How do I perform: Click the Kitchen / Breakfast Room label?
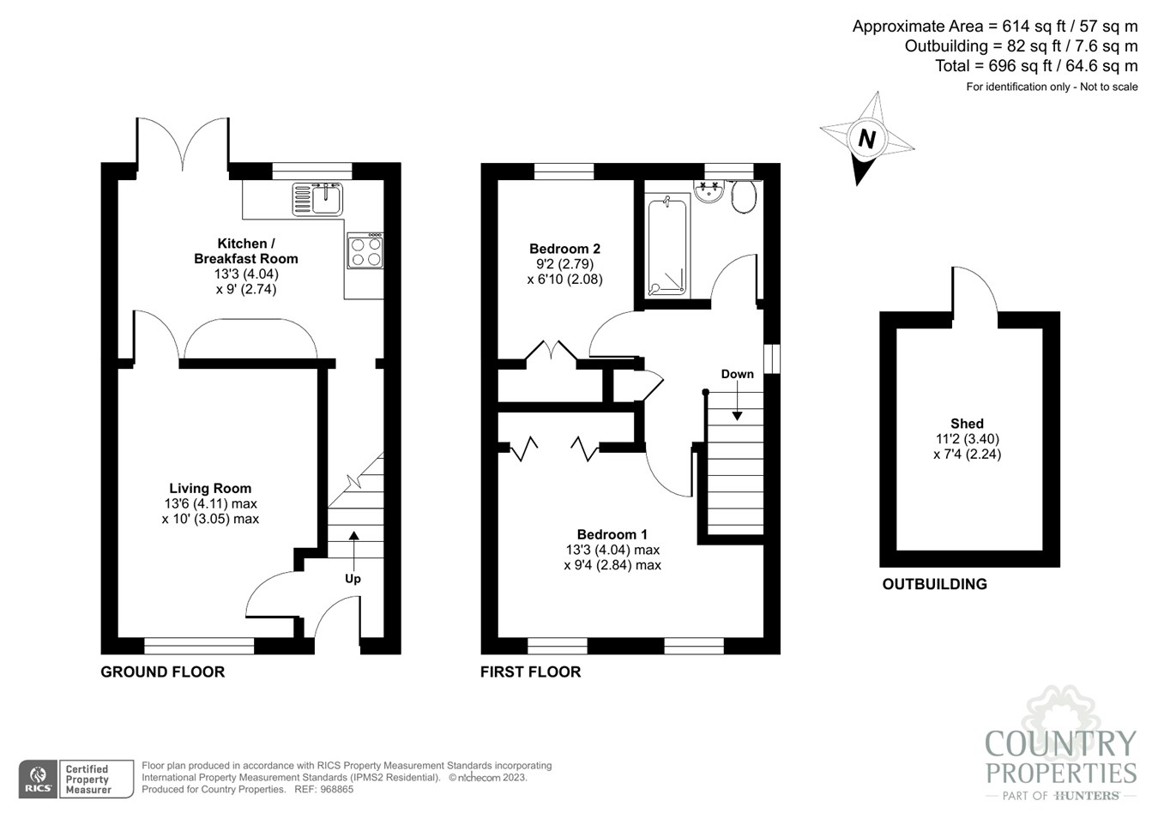click(x=246, y=251)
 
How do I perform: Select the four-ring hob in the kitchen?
click(x=365, y=251)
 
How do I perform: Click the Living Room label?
click(x=210, y=488)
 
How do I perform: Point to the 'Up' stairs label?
click(x=353, y=579)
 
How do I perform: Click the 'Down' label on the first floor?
click(x=737, y=374)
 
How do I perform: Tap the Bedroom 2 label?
click(x=564, y=249)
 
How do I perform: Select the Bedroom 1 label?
click(x=612, y=534)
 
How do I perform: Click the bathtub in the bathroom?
click(x=668, y=247)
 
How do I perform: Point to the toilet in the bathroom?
click(x=743, y=196)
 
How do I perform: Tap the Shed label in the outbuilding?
click(x=967, y=424)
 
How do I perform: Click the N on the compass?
click(x=867, y=138)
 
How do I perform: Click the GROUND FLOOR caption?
click(x=162, y=672)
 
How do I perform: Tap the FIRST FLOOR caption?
click(x=530, y=672)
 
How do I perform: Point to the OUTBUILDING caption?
click(x=934, y=584)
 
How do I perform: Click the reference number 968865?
click(x=335, y=790)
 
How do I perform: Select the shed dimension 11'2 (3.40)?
click(x=967, y=439)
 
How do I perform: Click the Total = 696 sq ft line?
click(x=1036, y=66)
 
